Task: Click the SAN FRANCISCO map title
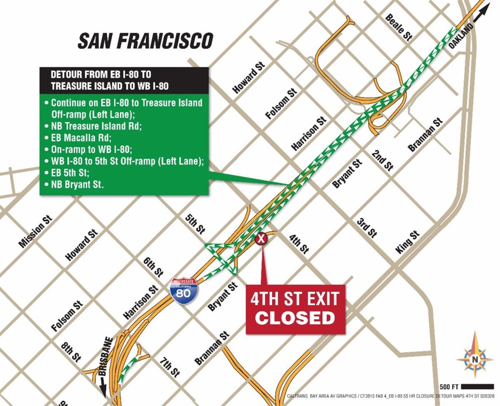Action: coord(145,41)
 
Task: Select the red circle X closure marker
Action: coord(261,239)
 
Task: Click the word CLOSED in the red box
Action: coord(295,317)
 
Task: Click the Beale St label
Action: coord(398,26)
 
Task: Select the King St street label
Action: coord(407,242)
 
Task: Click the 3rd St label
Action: coord(366,227)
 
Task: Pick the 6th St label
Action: coord(153,267)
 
